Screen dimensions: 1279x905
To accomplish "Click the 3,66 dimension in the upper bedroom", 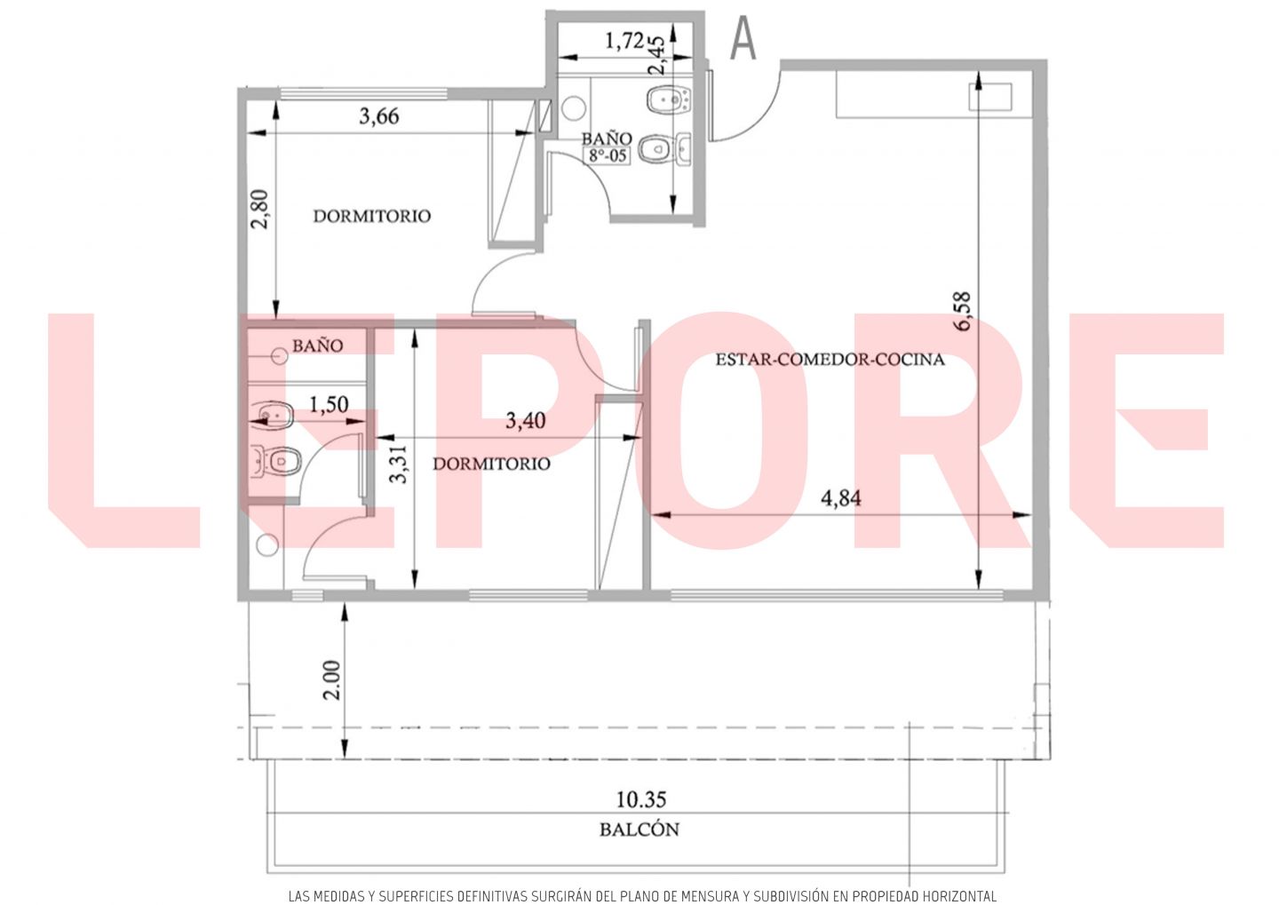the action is click(378, 116).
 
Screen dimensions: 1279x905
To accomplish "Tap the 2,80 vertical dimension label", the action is click(259, 209).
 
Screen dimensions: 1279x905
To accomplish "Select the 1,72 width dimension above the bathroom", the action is click(624, 41).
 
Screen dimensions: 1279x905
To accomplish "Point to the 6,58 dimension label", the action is click(962, 311).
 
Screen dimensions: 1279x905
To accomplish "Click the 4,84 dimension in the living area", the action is click(840, 498).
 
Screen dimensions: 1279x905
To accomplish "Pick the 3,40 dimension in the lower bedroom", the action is click(525, 421).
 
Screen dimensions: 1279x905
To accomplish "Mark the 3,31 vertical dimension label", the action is click(399, 464).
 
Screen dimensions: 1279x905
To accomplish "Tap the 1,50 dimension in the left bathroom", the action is click(329, 404).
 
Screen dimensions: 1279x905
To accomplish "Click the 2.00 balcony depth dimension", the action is click(332, 680).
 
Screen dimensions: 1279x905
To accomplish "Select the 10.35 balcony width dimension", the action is click(641, 800).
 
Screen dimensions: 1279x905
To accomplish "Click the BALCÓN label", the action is click(639, 830).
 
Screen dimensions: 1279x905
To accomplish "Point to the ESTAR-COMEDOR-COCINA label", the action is click(830, 360).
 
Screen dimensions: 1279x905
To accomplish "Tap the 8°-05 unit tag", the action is click(607, 155).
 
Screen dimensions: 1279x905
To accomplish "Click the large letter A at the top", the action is click(743, 38).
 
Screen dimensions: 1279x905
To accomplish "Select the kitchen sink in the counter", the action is click(990, 97).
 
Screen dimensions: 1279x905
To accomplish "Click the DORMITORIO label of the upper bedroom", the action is click(371, 217).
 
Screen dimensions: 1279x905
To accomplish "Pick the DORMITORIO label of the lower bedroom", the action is click(491, 464).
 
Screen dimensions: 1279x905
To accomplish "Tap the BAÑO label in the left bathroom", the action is click(317, 345).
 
